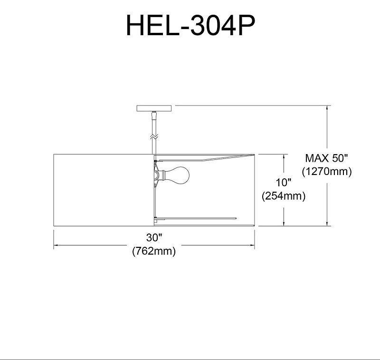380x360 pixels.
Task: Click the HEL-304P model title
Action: [190, 25]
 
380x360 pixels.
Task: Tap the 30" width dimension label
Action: [154, 237]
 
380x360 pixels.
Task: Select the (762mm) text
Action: [154, 251]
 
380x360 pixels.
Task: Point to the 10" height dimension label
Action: [283, 183]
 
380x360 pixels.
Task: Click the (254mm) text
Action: [284, 196]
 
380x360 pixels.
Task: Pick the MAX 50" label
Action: [326, 158]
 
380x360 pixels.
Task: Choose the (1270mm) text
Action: [327, 172]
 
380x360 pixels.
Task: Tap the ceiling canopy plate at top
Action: [154, 108]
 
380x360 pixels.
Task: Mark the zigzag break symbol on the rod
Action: [154, 136]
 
